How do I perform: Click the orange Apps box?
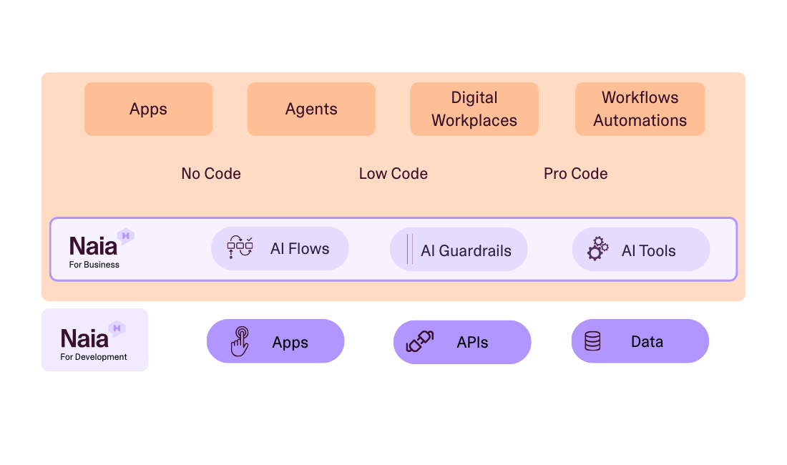pyautogui.click(x=148, y=109)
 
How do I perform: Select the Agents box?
pyautogui.click(x=311, y=109)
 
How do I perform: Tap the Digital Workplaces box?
pyautogui.click(x=474, y=109)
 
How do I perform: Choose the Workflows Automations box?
pyautogui.click(x=640, y=109)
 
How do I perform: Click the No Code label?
pyautogui.click(x=211, y=174)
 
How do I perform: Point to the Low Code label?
pyautogui.click(x=393, y=174)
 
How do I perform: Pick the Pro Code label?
pyautogui.click(x=576, y=174)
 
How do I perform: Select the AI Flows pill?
pyautogui.click(x=280, y=249)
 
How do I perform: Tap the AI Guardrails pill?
pyautogui.click(x=459, y=250)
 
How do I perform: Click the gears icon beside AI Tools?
pyautogui.click(x=598, y=249)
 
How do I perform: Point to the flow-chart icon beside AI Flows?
pyautogui.click(x=240, y=247)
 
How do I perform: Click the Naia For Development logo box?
pyautogui.click(x=94, y=340)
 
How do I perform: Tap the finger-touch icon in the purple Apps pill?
pyautogui.click(x=240, y=341)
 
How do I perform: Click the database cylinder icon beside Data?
pyautogui.click(x=593, y=341)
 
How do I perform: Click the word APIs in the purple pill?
pyautogui.click(x=472, y=342)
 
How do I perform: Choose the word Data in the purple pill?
pyautogui.click(x=647, y=342)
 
